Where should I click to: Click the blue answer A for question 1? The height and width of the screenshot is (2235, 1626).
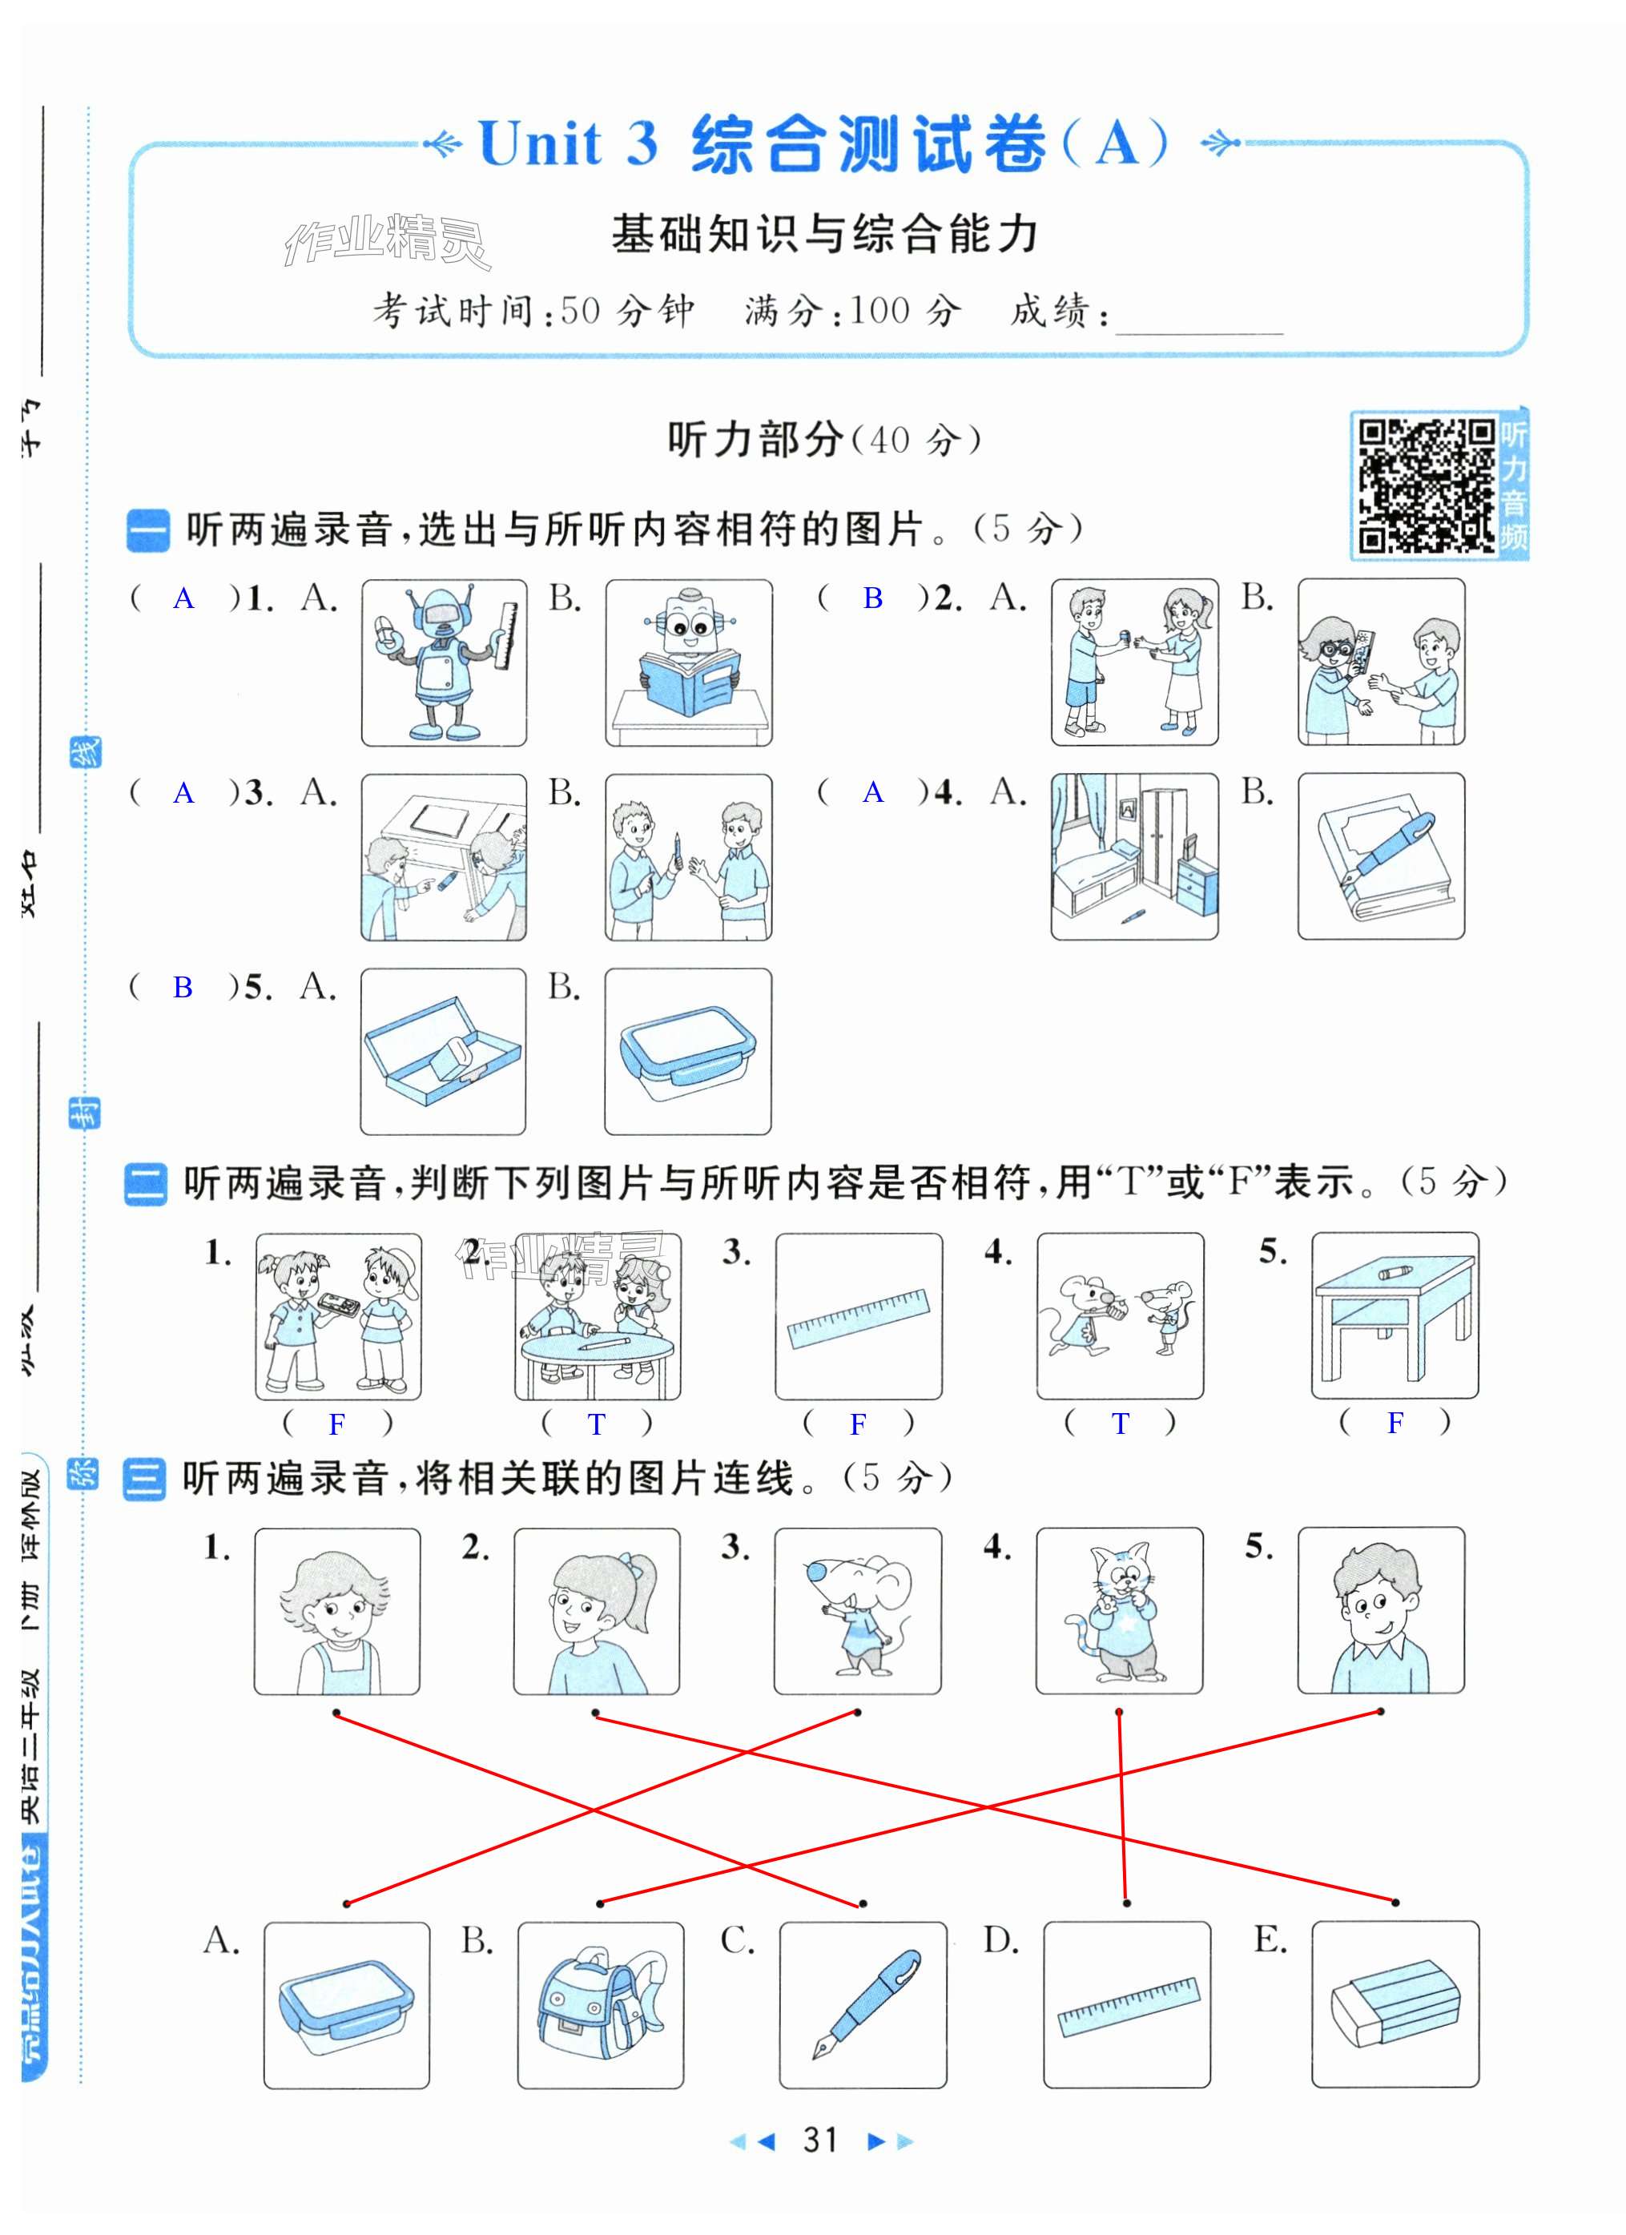point(183,598)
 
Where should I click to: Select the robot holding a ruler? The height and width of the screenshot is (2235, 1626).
point(444,662)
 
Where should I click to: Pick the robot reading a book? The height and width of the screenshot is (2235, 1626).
point(688,662)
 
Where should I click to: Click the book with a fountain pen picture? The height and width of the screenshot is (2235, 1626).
point(1381,856)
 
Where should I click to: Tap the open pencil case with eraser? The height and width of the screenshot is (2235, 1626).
point(444,1050)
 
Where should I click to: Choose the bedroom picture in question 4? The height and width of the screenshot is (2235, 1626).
point(1134,856)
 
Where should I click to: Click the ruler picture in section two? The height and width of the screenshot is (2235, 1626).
point(859,1315)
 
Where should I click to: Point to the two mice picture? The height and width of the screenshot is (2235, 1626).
point(1121,1315)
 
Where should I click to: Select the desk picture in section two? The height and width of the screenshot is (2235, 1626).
point(1395,1315)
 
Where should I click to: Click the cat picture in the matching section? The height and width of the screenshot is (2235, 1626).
point(1118,1610)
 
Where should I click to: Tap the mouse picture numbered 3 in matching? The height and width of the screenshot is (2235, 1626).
point(857,1610)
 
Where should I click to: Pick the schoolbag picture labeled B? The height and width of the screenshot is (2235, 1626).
point(600,2004)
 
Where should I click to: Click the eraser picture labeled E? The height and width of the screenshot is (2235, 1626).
point(1395,2004)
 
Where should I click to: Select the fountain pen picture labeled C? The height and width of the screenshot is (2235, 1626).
point(863,2004)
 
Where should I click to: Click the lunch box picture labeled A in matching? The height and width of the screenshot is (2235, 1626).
point(347,2004)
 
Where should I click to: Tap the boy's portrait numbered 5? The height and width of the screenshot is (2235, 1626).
point(1381,1610)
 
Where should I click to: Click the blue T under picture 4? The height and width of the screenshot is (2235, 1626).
point(1121,1423)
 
